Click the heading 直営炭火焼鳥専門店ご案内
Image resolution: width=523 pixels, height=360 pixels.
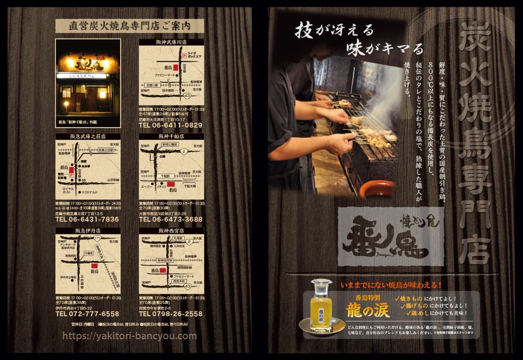click(x=129, y=26)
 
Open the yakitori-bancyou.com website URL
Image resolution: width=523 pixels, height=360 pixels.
click(x=129, y=336)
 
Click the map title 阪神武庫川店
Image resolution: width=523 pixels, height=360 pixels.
click(x=172, y=42)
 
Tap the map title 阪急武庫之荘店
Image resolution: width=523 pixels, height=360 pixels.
click(x=88, y=136)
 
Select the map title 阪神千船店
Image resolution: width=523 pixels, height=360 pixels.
click(x=172, y=136)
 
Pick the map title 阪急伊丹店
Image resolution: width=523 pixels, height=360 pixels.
click(x=88, y=231)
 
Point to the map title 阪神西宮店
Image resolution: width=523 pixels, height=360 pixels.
click(x=172, y=231)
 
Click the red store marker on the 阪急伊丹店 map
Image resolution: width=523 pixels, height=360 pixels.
click(x=94, y=266)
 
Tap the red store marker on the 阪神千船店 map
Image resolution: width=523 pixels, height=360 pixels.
click(x=170, y=184)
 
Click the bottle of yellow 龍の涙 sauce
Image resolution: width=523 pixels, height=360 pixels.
click(x=321, y=305)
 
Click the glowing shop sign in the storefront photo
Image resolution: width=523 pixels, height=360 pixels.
click(x=88, y=63)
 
